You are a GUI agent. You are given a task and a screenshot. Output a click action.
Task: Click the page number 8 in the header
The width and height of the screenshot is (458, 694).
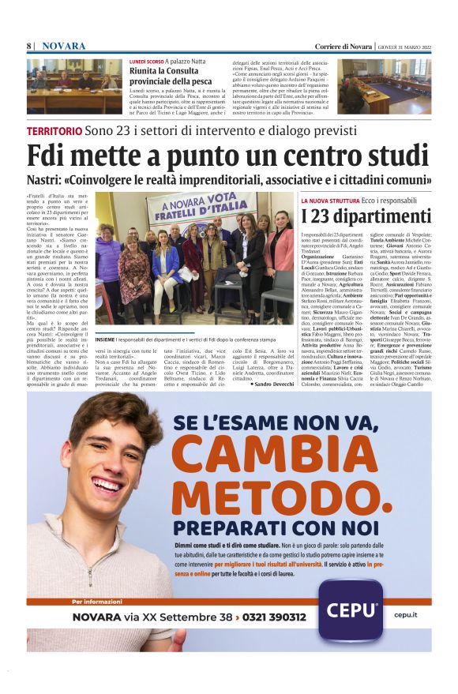coord(28,46)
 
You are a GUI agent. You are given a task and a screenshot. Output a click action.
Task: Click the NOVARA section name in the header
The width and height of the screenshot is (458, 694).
coord(63,46)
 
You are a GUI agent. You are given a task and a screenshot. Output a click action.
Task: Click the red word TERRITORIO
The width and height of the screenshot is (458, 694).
coord(54,130)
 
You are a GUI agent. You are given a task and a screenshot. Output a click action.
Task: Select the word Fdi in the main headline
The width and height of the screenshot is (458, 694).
coord(52,155)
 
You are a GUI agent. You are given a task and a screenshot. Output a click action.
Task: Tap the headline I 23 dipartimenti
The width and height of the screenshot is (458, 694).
coord(365,216)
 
